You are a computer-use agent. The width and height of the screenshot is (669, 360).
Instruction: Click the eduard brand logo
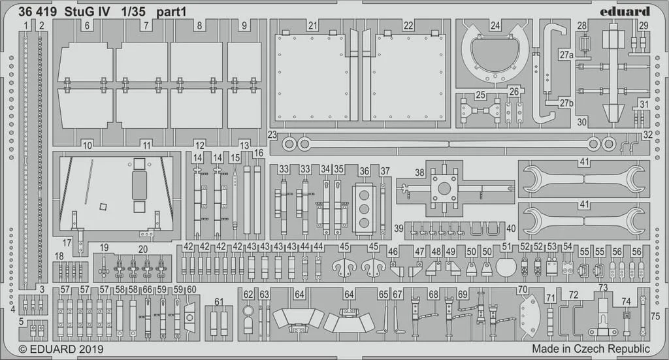pos(625,12)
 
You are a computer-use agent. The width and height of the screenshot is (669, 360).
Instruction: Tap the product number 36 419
pos(37,12)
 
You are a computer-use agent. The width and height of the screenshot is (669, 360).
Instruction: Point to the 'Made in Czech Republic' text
pos(591,348)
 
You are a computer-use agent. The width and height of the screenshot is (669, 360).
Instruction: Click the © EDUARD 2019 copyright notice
pos(61,349)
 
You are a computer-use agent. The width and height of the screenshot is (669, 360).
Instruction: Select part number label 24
pos(495,25)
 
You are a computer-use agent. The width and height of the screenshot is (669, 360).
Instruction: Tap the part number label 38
pos(420,172)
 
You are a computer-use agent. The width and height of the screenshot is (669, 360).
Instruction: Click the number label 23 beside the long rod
pos(272,135)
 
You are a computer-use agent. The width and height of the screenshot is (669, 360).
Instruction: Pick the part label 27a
pos(566,55)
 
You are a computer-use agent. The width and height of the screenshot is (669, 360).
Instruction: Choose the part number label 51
pos(506,246)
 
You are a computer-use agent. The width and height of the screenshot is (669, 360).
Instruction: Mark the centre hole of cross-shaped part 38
pos(444,188)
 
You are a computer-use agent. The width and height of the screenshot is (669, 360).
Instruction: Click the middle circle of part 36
pos(364,209)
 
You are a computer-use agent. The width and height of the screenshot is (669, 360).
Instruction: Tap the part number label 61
pos(219,302)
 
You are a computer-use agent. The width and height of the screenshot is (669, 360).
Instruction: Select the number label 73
pos(603,288)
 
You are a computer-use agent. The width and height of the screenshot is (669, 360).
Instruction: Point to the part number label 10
pos(87,146)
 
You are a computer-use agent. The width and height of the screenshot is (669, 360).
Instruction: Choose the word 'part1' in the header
pos(171,12)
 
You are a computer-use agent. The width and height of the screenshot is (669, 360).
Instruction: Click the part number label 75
pos(655,316)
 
